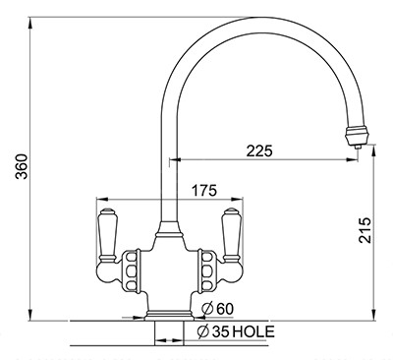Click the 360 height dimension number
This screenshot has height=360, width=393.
coord(23,166)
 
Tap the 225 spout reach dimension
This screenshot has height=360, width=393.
coord(259,151)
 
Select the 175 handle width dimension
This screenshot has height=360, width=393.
coord(204,191)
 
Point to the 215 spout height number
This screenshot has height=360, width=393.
coord(365,230)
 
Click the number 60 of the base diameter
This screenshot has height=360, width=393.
coord(225,309)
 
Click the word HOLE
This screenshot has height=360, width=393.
coord(253,331)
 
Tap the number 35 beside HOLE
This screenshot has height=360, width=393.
coord(220,332)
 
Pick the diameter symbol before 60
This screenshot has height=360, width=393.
coord(207,309)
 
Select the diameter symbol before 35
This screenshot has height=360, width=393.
coord(203,332)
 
